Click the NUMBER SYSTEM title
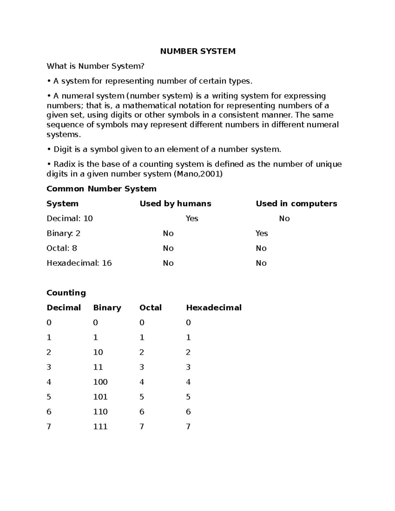coord(197,51)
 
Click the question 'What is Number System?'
coord(95,66)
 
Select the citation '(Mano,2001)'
coord(198,174)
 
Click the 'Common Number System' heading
coord(101,189)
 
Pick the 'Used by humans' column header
coord(175,204)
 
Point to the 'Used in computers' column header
coord(296,204)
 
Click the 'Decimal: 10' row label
coord(70,218)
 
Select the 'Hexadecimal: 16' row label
coord(79,263)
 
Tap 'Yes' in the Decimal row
coord(192,218)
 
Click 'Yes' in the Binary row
coord(262,233)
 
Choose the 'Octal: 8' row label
coord(62,248)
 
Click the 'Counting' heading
coord(66,293)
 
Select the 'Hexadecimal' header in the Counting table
coord(214,308)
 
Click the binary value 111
coord(100,427)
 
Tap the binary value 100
coord(100,382)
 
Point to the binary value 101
coord(100,397)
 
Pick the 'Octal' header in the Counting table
coord(150,308)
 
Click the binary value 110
coord(100,412)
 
